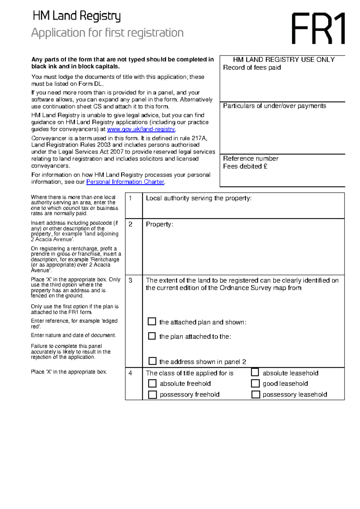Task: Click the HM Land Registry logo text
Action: pos(76,16)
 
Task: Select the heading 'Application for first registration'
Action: pos(107,33)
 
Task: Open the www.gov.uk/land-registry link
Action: pos(141,129)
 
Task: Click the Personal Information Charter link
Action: pos(125,182)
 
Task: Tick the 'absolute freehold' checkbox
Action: pos(152,383)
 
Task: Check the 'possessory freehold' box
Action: pos(152,394)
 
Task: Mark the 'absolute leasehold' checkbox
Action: pos(255,372)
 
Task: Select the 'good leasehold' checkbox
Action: pos(255,383)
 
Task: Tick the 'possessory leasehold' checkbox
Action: pos(256,394)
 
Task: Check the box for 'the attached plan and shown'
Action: pos(152,322)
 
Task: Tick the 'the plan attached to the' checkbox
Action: pos(152,336)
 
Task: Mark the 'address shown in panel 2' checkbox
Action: pos(152,361)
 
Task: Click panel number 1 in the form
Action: pos(130,198)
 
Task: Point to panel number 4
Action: pos(130,373)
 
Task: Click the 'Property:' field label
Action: pos(159,225)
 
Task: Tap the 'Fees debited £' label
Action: pos(245,166)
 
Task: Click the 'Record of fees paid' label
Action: pos(252,68)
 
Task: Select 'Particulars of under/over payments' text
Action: pos(274,106)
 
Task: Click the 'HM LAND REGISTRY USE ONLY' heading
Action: pos(284,60)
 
